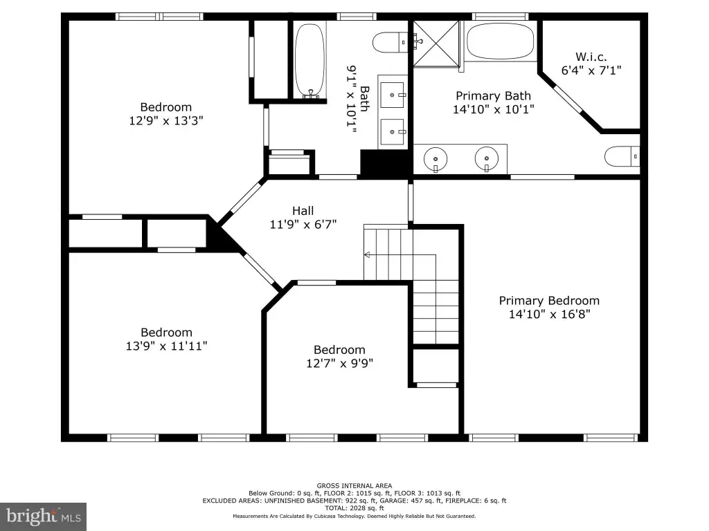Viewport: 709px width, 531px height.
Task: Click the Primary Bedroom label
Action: pos(549,301)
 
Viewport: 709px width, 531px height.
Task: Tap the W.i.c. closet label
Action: pos(591,57)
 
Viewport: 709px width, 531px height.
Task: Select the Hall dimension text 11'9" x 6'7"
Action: pos(303,224)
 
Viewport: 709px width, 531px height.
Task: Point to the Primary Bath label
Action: pos(493,95)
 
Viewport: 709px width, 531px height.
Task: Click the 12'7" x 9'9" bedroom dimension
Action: pos(339,363)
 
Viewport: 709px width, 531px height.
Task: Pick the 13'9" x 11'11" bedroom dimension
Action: pos(166,346)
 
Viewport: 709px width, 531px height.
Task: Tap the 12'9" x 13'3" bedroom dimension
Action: pos(166,120)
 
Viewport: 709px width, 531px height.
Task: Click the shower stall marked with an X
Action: pos(436,44)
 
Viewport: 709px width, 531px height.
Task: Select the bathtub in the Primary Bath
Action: pos(500,41)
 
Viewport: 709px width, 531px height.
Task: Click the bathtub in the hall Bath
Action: pos(309,61)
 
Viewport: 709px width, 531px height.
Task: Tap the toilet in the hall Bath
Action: pos(391,42)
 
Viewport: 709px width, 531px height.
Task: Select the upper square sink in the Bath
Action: pos(392,95)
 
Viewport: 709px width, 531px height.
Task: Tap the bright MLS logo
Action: pos(43,516)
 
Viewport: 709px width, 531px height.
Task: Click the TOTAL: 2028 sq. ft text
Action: pos(354,508)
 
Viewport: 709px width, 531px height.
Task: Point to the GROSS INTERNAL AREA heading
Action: pos(354,486)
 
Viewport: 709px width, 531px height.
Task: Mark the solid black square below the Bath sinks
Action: pos(384,162)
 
